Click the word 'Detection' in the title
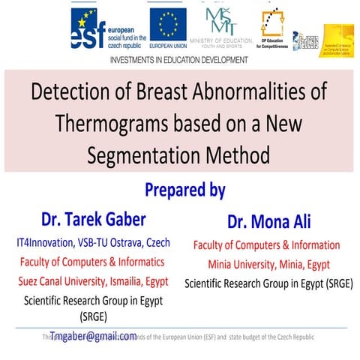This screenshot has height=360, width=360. point(72,97)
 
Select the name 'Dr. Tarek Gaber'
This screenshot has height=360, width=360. point(94,219)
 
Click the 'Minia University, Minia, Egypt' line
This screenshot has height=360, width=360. point(267,264)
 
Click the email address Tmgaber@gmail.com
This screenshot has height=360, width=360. point(94,335)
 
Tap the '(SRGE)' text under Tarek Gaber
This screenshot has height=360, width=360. point(94,316)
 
